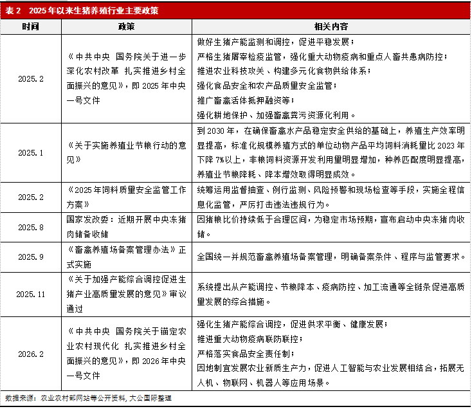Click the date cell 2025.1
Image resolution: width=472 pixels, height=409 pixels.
tap(30, 153)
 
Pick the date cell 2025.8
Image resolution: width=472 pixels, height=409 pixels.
tap(30, 227)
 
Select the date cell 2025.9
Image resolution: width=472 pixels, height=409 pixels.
tap(30, 257)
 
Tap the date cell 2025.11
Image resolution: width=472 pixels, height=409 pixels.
tap(30, 293)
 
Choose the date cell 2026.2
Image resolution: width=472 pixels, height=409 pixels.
tap(30, 353)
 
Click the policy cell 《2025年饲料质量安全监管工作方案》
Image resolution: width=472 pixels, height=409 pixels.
tap(126, 197)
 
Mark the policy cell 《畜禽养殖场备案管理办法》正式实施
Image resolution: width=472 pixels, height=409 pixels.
tap(126, 257)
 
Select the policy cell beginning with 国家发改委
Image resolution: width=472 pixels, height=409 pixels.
tap(126, 227)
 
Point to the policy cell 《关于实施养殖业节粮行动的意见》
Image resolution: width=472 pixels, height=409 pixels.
tap(126, 153)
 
